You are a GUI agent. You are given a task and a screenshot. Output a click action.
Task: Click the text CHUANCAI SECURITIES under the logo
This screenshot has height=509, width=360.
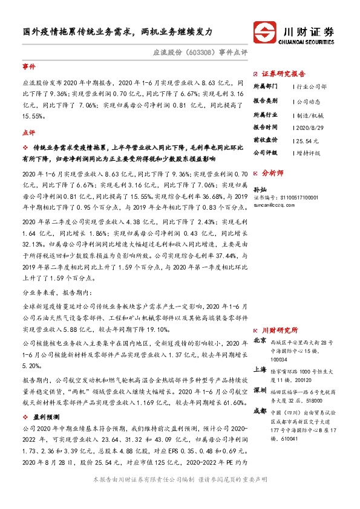coord(309,42)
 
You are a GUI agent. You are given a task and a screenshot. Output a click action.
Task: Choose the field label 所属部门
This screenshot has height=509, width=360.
coord(265,86)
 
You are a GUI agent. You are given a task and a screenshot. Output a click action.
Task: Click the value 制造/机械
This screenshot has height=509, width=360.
coord(309,113)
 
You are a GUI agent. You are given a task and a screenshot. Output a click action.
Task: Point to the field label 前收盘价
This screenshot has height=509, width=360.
coord(265,140)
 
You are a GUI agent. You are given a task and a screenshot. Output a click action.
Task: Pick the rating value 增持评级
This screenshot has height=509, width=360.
coord(308,153)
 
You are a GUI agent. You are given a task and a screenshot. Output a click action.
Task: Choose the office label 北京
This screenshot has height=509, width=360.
coord(259,340)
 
